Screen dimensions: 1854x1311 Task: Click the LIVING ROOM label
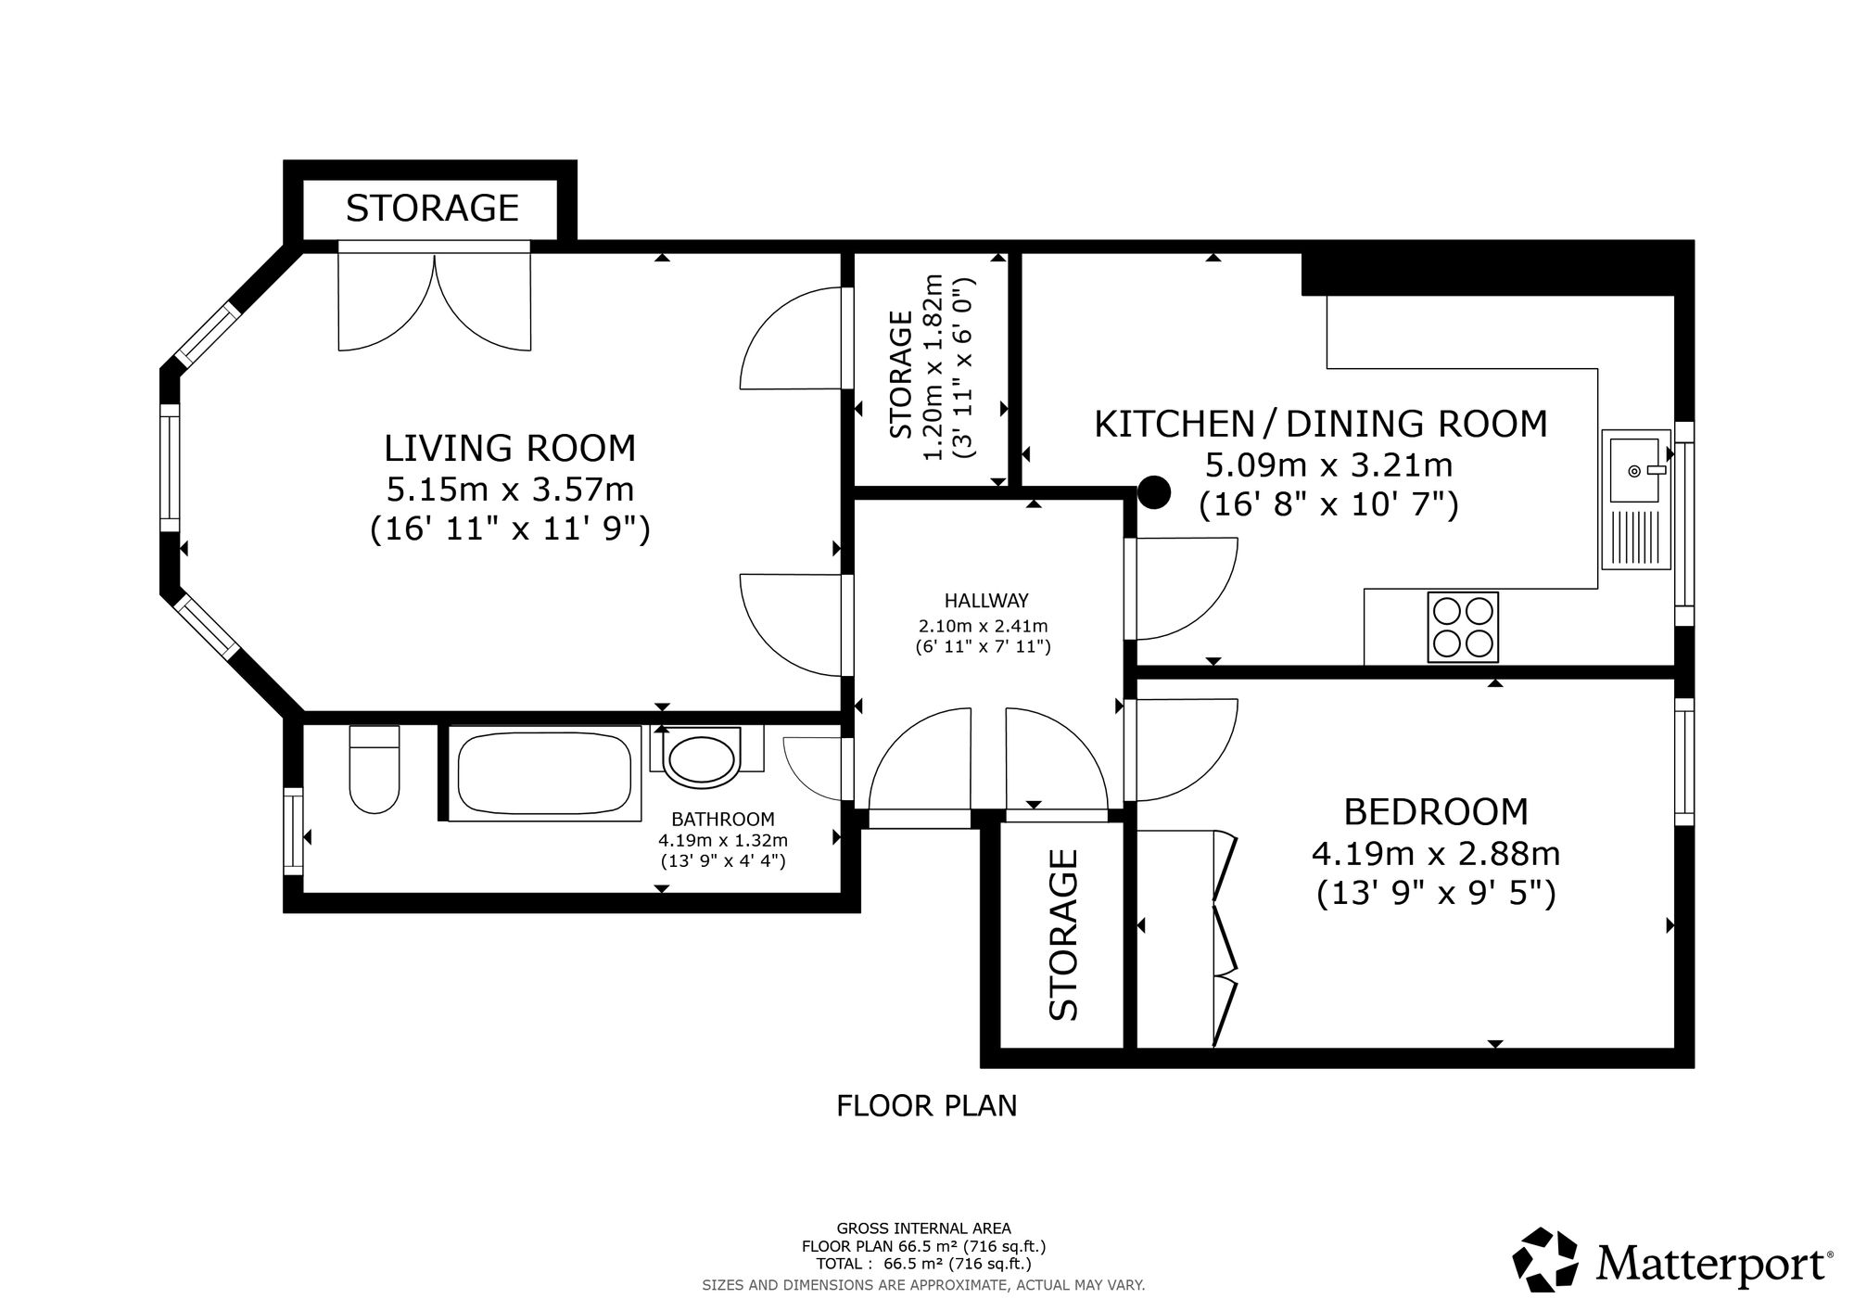[510, 449]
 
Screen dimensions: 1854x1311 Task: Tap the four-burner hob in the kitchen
[1464, 627]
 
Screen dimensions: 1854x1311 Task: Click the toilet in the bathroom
[375, 769]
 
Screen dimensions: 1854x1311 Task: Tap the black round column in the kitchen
[1154, 492]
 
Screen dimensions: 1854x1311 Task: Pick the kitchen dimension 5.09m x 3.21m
[1329, 464]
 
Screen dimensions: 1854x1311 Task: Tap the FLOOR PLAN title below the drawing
[927, 1106]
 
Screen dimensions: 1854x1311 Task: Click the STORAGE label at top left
[432, 209]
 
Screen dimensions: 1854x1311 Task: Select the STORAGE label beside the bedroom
[1064, 935]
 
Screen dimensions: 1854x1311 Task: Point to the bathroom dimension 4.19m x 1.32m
[723, 841]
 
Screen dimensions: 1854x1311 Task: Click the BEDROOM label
[1436, 812]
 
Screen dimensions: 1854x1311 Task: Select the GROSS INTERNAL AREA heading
[924, 1229]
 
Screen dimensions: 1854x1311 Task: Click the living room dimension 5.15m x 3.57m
[510, 489]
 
